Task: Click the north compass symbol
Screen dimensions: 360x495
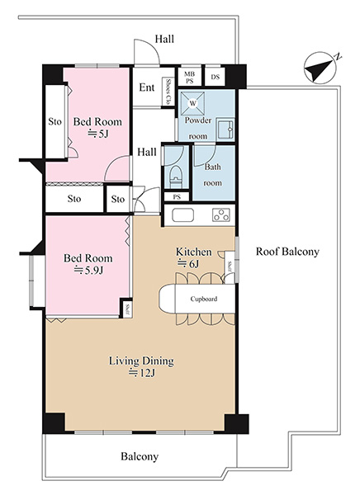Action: [320, 68]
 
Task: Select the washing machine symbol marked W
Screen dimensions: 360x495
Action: [192, 104]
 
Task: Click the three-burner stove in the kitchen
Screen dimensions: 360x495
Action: [221, 215]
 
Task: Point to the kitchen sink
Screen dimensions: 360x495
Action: [182, 215]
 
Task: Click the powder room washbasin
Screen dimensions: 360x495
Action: [225, 130]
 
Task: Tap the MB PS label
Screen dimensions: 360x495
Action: [190, 77]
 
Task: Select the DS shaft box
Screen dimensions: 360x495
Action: [215, 76]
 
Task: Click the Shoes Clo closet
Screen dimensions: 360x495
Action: [168, 92]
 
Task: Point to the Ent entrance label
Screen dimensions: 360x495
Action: [147, 87]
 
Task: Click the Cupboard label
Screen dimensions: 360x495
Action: [204, 299]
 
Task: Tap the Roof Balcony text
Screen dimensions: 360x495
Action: [287, 252]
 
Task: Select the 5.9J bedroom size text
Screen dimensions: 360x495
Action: [88, 271]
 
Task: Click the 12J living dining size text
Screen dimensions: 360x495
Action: [142, 373]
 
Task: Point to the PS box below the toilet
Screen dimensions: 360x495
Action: [177, 196]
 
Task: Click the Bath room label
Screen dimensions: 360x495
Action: [212, 175]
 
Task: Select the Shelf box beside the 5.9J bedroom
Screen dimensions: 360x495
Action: [126, 308]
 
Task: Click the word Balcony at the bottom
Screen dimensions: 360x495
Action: [140, 456]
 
